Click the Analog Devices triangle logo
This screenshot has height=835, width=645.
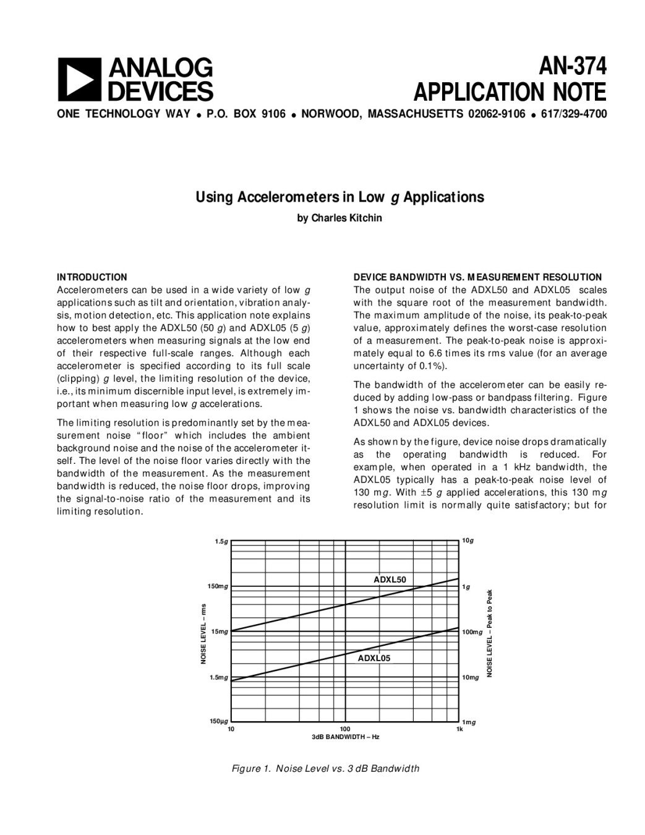click(x=79, y=79)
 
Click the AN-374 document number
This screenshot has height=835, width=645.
click(x=572, y=66)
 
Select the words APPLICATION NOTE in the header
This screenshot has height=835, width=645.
click(x=510, y=92)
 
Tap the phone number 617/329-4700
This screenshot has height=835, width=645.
click(x=573, y=114)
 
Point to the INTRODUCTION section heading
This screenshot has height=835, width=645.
click(x=92, y=277)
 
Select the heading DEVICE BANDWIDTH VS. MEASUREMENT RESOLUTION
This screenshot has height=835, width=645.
click(x=477, y=277)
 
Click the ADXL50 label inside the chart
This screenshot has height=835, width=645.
click(x=390, y=580)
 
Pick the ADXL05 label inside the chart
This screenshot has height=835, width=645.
click(x=374, y=658)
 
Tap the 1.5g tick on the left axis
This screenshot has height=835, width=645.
click(x=221, y=542)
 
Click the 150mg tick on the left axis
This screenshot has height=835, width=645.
click(x=218, y=586)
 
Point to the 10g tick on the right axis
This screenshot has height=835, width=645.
click(x=468, y=541)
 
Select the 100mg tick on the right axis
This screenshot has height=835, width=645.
click(x=472, y=632)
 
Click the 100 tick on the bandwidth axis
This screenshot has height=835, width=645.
click(x=345, y=729)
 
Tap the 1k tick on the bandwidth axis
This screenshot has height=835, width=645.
click(x=459, y=729)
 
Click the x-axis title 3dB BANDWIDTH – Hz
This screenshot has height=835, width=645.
click(x=345, y=737)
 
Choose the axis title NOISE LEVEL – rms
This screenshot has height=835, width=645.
click(x=203, y=634)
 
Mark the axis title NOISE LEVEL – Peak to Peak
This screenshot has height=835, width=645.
click(x=489, y=632)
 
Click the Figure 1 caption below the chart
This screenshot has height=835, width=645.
click(x=325, y=769)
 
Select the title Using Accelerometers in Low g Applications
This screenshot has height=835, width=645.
click(x=340, y=197)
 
